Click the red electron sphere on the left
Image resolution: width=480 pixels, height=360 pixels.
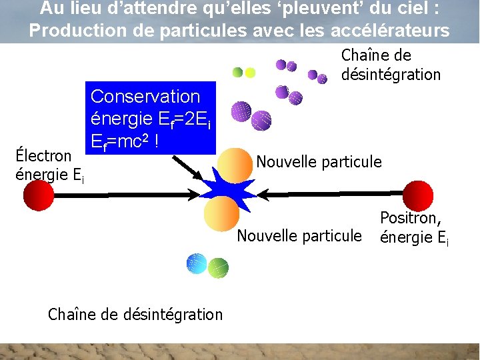click(39, 195)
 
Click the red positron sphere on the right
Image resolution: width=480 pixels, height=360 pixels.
click(419, 195)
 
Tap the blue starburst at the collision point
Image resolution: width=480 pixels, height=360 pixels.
click(228, 193)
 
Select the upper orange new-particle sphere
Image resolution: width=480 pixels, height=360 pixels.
click(235, 164)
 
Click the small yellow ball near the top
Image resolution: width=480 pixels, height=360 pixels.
click(250, 72)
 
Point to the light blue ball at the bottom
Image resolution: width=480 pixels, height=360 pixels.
click(197, 264)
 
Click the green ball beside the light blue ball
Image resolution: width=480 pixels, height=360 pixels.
click(218, 268)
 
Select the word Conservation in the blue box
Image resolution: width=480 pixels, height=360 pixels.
click(145, 97)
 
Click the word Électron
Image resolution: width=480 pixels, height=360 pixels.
click(43, 156)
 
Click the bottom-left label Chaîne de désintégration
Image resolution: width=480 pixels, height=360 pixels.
click(135, 314)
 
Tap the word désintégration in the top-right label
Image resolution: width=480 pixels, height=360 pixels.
click(391, 75)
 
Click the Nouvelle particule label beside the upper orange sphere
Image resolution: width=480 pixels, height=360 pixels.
click(319, 161)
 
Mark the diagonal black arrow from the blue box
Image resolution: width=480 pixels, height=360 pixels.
click(187, 168)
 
